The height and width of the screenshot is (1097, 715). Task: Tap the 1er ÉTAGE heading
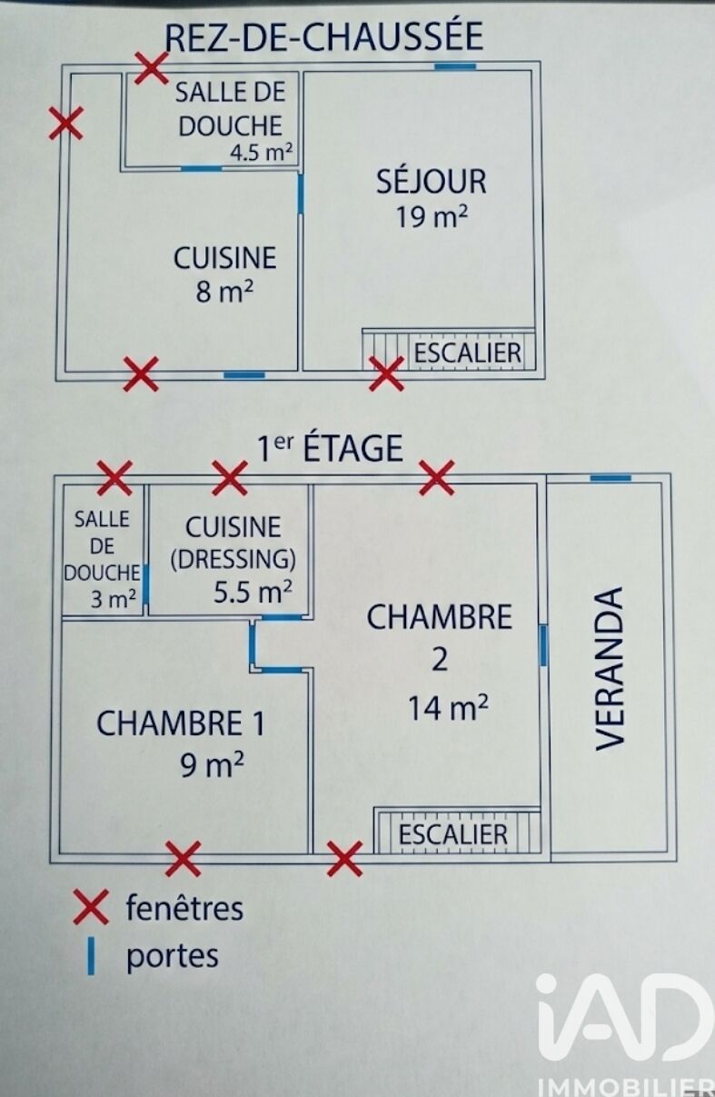330,448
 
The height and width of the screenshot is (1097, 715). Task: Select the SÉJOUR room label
432,181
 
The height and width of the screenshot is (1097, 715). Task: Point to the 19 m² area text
432,216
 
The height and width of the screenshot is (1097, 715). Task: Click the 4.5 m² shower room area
262,153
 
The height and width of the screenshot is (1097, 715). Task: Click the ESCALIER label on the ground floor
467,353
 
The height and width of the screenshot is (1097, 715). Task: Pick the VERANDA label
611,669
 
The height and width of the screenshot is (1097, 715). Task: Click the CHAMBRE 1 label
181,723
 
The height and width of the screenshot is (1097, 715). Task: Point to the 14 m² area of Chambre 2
448,709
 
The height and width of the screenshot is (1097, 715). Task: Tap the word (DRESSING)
233,560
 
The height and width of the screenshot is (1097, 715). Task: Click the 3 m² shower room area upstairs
113,599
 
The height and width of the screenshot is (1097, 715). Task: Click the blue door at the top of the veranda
611,477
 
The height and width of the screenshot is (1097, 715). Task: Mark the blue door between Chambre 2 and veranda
542,645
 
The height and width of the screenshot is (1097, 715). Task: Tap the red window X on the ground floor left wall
66,124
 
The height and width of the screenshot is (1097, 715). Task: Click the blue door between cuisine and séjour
301,194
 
